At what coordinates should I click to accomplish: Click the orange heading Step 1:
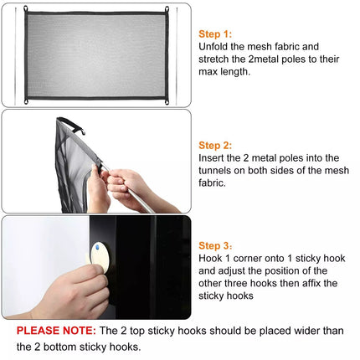[x=215, y=34]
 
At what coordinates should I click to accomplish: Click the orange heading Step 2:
[x=215, y=146]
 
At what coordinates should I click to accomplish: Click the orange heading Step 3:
[x=215, y=246]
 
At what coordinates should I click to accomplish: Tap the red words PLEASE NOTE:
[x=56, y=331]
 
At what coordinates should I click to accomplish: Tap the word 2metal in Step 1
[x=264, y=59]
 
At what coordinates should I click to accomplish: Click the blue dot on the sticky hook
[x=97, y=247]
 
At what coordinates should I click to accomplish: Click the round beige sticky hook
[x=100, y=257]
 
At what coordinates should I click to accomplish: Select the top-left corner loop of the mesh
[x=26, y=9]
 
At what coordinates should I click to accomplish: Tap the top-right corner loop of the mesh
[x=167, y=9]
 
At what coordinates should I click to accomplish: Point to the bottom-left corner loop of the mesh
[x=26, y=101]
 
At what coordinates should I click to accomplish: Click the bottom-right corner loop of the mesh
[x=167, y=101]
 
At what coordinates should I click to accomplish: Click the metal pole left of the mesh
[x=16, y=56]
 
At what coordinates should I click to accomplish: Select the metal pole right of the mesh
[x=177, y=56]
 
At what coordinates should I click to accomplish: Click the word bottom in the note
[x=59, y=347]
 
